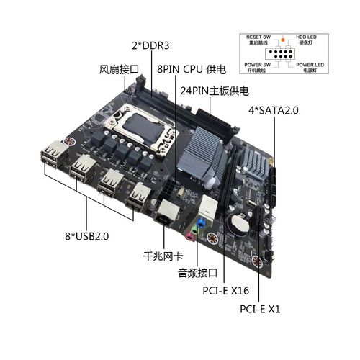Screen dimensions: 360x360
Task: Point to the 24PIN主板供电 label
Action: (x=215, y=91)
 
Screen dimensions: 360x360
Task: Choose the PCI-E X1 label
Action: (x=259, y=309)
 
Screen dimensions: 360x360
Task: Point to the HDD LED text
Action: (x=307, y=36)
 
